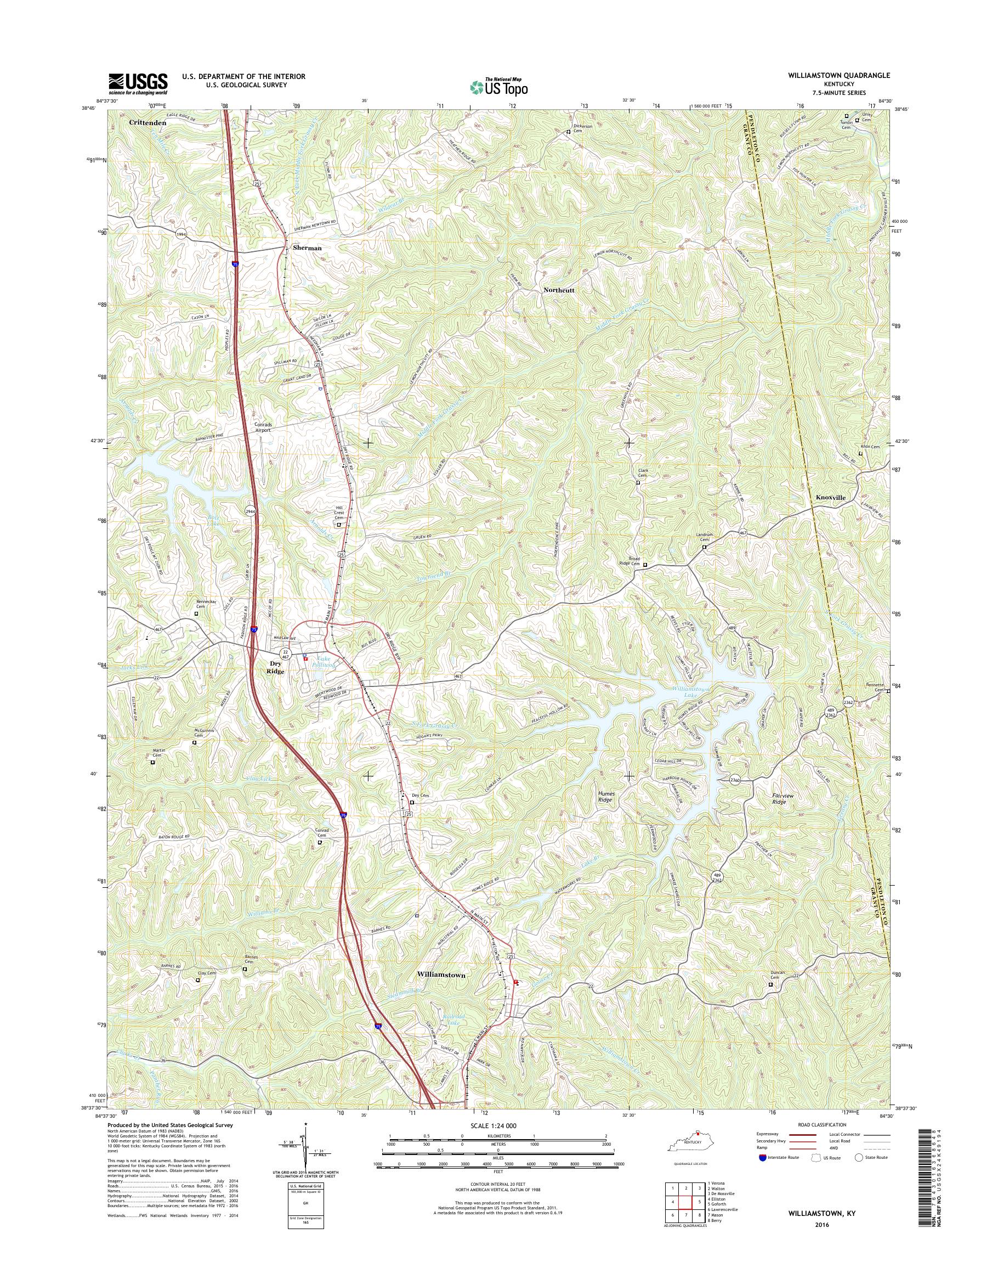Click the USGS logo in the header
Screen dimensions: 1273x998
pyautogui.click(x=138, y=83)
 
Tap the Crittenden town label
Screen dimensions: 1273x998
pyautogui.click(x=148, y=123)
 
